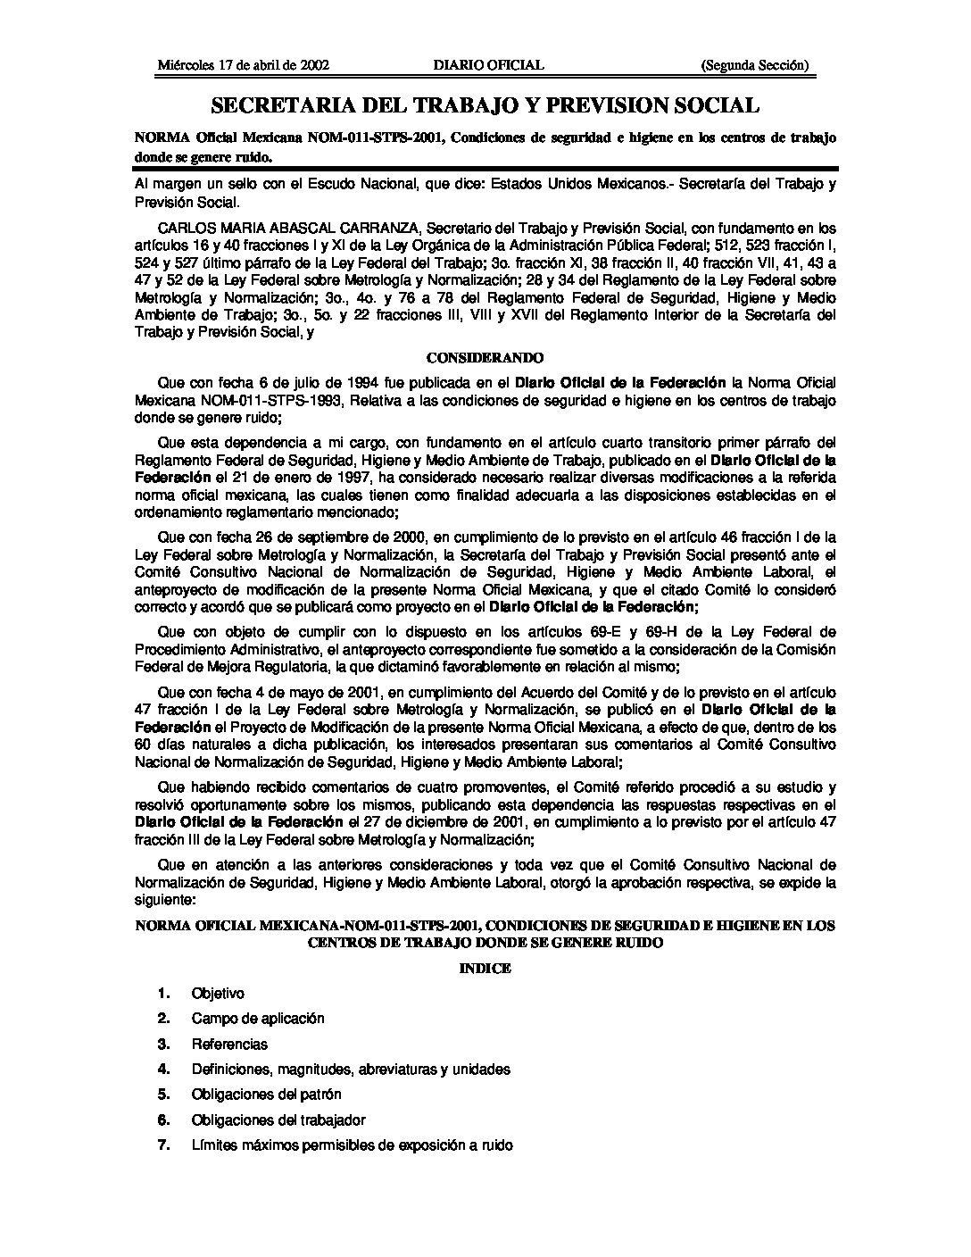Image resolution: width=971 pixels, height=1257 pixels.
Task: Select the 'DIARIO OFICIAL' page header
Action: (x=488, y=65)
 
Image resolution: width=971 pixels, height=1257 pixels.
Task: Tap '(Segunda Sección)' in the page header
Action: (x=755, y=65)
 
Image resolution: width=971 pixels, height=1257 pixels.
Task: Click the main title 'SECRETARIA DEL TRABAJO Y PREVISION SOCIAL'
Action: (x=485, y=106)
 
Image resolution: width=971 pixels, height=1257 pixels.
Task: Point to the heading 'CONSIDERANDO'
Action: (x=485, y=358)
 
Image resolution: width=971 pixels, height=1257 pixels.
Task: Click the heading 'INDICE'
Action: (x=485, y=969)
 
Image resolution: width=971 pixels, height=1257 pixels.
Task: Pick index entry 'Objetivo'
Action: (x=218, y=994)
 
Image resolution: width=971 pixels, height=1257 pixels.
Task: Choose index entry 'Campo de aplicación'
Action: (x=258, y=1019)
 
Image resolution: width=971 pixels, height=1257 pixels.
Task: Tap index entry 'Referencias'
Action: (x=229, y=1044)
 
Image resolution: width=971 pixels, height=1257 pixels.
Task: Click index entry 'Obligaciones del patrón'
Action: (x=266, y=1095)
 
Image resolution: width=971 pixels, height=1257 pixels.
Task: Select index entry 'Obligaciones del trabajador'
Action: (x=278, y=1120)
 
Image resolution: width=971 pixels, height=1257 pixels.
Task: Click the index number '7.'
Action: (x=163, y=1145)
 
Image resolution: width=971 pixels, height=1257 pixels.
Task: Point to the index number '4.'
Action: (x=163, y=1069)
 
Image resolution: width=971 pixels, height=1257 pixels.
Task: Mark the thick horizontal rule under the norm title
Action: (x=485, y=169)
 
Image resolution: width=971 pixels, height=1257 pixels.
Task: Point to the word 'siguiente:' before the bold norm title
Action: (x=163, y=902)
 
